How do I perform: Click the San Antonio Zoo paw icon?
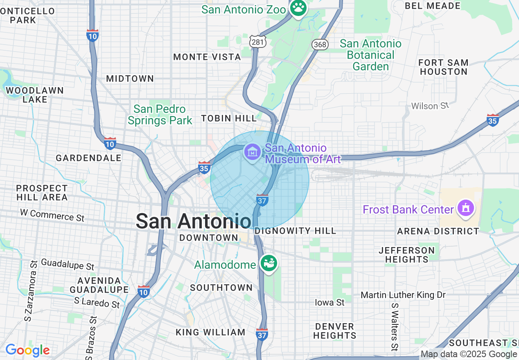(298, 7)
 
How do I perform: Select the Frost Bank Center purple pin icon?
(465, 208)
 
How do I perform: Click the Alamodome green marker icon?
(269, 263)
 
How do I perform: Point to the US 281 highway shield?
(258, 41)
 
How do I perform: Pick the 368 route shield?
(320, 44)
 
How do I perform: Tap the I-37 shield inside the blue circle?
(262, 200)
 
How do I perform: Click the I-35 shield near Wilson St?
(493, 119)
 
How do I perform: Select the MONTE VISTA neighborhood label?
(207, 57)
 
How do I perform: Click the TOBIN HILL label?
(229, 118)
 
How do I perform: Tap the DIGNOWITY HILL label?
(295, 231)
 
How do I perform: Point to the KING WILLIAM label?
(210, 332)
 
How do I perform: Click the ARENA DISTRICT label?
(438, 231)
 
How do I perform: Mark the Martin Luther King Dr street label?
(403, 295)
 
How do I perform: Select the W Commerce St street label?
(52, 215)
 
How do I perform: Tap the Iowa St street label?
(329, 302)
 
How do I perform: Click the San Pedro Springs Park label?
(160, 115)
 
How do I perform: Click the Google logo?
(27, 350)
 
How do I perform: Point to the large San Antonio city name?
(193, 221)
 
